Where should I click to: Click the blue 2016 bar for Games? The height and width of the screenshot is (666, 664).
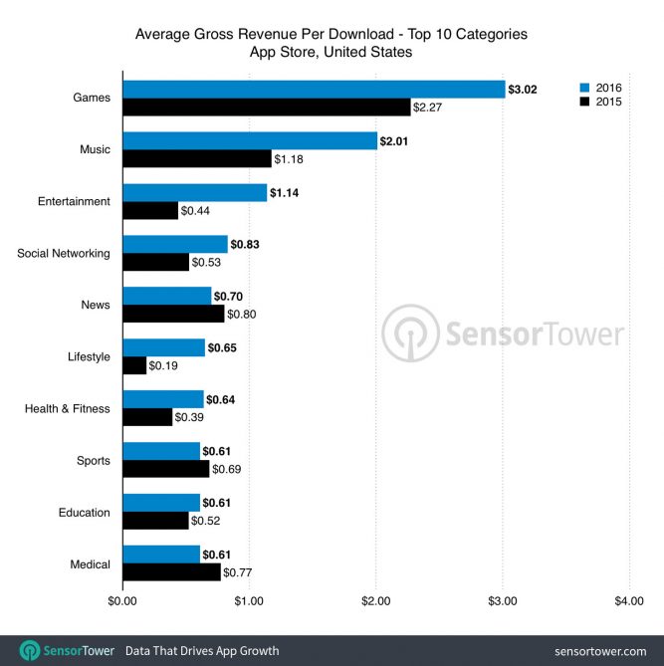click(x=314, y=89)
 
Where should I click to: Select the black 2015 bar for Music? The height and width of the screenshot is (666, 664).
click(x=196, y=158)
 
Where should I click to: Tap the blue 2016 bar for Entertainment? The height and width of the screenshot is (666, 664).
click(x=194, y=192)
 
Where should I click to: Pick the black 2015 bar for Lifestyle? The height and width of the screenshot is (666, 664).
click(x=134, y=365)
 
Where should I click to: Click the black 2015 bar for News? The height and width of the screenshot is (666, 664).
click(x=173, y=314)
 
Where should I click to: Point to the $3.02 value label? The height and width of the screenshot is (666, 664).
click(x=522, y=90)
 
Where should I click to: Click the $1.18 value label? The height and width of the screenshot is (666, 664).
click(x=289, y=159)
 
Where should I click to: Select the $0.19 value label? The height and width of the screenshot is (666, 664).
click(x=163, y=366)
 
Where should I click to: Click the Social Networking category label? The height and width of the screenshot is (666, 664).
click(x=64, y=253)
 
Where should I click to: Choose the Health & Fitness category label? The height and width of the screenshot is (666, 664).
click(x=67, y=408)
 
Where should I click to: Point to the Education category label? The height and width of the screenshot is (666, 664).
click(x=84, y=513)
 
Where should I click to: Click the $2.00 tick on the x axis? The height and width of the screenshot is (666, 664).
click(x=375, y=601)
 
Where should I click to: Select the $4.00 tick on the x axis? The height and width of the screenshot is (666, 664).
click(x=629, y=601)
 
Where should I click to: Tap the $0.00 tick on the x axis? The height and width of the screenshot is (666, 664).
click(x=121, y=601)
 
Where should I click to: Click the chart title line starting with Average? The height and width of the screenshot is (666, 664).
click(x=332, y=34)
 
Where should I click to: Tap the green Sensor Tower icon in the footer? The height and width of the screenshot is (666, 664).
click(x=30, y=650)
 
